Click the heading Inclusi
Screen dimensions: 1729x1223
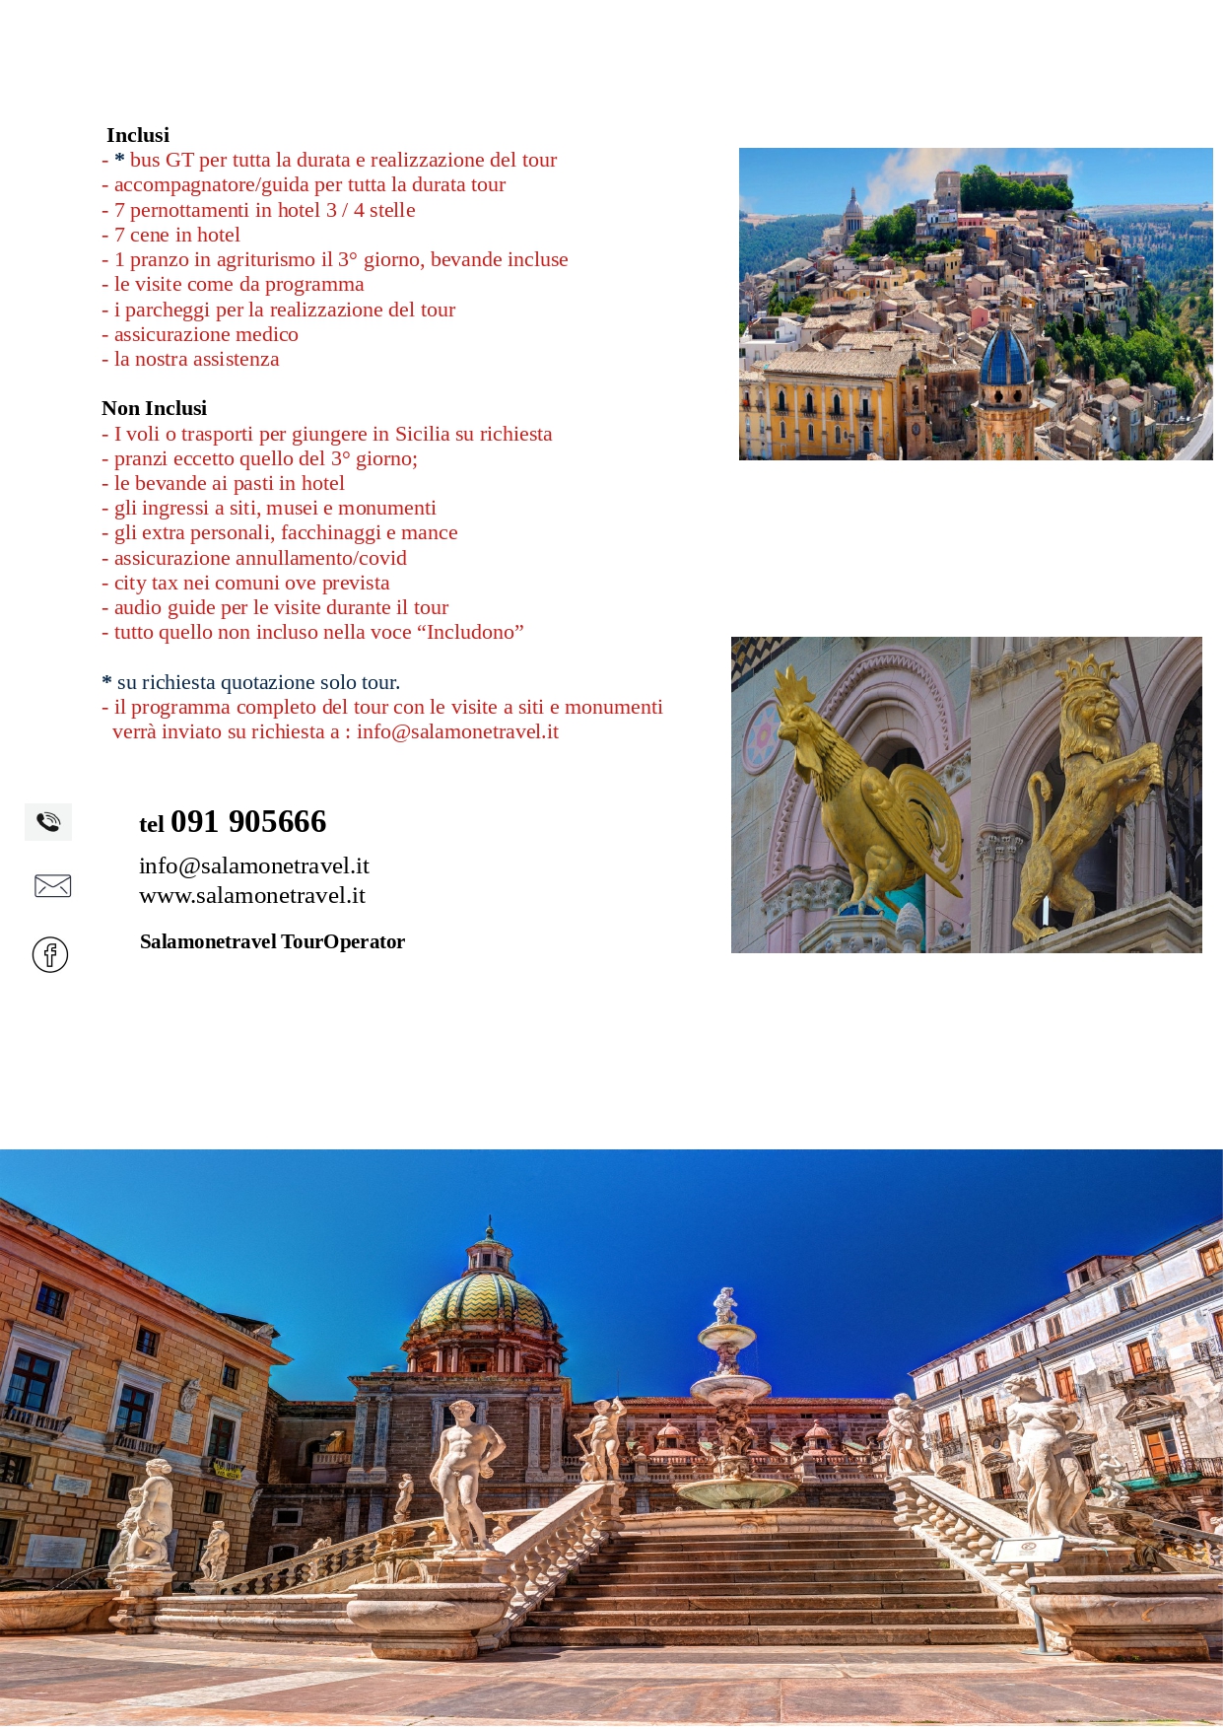point(138,135)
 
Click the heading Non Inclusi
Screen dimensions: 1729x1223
point(154,408)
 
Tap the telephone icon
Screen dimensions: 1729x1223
point(48,821)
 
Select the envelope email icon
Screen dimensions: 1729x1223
point(52,885)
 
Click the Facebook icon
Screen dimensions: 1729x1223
point(50,954)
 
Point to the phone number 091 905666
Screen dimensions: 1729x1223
point(247,821)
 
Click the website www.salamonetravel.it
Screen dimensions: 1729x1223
point(252,895)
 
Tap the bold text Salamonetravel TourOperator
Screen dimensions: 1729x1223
point(272,941)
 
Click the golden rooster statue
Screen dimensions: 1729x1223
point(857,789)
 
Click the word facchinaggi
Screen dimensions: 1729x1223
point(337,532)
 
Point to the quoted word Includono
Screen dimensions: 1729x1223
point(471,632)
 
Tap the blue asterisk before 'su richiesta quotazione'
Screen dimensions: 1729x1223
point(106,682)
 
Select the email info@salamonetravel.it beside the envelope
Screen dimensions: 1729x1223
point(254,865)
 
